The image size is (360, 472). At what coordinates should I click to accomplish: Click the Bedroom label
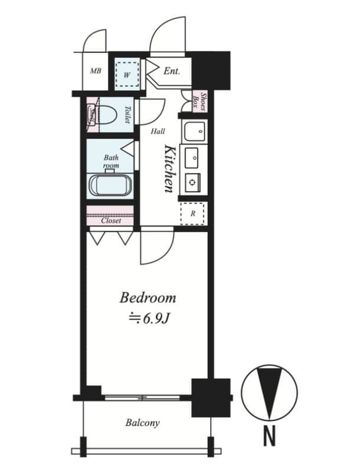point(148,297)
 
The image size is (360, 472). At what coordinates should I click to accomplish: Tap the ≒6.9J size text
point(149,319)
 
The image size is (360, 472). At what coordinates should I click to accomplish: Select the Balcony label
point(142,423)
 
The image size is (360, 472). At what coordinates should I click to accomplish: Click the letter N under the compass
point(269,436)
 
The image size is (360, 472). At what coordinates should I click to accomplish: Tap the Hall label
point(158,132)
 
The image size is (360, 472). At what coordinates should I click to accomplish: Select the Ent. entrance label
point(171,71)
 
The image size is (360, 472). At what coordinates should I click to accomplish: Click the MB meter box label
point(95,71)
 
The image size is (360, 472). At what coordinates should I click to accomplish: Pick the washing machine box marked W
point(127,75)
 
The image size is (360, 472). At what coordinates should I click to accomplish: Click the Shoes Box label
point(200,101)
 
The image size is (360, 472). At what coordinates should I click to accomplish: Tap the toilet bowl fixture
point(106,113)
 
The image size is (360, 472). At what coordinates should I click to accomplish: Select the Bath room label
point(111,162)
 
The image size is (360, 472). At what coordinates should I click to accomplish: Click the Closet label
point(111,221)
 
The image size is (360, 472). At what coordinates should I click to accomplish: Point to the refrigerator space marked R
point(192,214)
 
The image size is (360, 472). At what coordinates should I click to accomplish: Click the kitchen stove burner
point(192,182)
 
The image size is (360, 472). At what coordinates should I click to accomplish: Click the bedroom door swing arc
point(158,248)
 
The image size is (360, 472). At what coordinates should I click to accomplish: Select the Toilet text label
point(127,114)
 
